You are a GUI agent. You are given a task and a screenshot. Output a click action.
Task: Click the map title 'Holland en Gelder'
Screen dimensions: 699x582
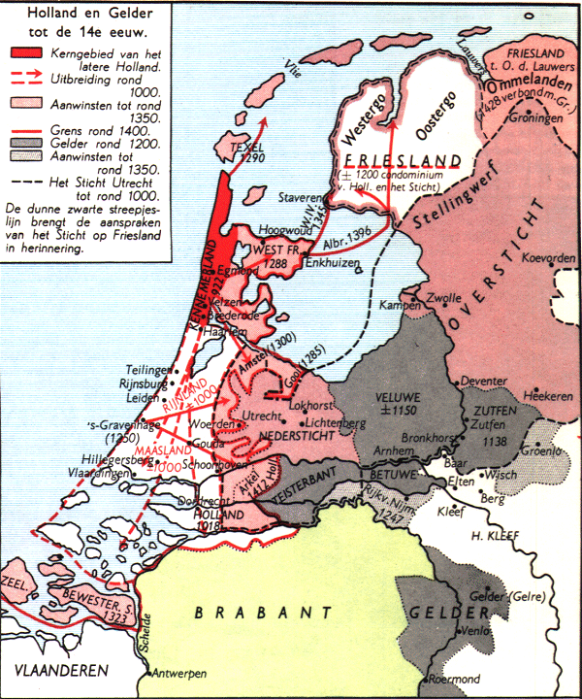coord(84,14)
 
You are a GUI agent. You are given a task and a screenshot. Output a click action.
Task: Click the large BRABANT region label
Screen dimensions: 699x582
coord(256,612)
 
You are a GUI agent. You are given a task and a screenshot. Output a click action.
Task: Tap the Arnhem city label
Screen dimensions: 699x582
coord(374,449)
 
